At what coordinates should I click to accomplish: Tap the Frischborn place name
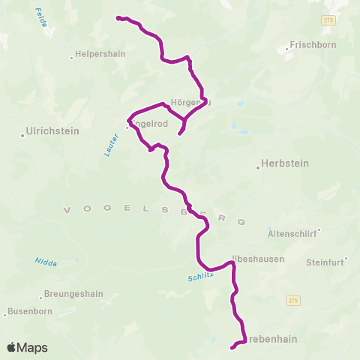313,45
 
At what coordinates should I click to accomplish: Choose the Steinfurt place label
325,262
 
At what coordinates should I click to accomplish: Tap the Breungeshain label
73,294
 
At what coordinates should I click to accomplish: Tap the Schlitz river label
200,277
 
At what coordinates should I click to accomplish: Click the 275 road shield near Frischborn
328,20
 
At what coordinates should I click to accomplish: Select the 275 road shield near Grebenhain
292,300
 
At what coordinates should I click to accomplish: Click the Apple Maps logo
27,347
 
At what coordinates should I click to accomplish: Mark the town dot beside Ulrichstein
23,136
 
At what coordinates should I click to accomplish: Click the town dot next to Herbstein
258,168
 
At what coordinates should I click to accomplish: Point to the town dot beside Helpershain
72,55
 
